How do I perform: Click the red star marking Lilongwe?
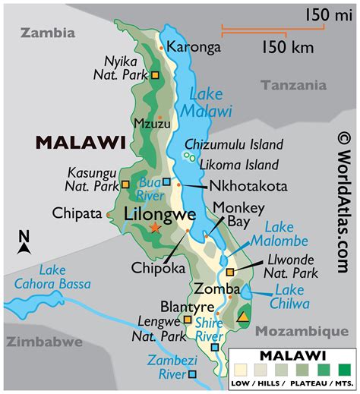click(x=155, y=227)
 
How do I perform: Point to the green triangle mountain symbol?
click(x=243, y=317)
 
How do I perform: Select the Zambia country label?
click(x=49, y=33)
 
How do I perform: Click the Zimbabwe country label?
click(x=42, y=342)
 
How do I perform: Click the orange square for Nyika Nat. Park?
click(x=155, y=76)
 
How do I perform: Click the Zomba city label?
click(x=211, y=288)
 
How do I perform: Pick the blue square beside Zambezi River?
click(x=193, y=374)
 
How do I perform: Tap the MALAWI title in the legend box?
click(x=293, y=355)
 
